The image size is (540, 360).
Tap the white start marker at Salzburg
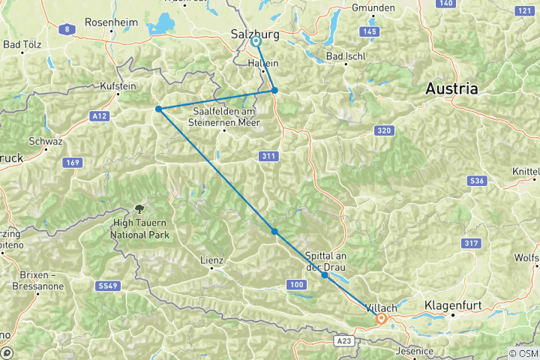point(256,41)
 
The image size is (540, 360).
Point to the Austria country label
point(451,88)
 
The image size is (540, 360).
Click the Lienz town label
point(212,261)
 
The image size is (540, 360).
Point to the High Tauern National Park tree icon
point(139,208)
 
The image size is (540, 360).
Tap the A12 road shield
point(98,115)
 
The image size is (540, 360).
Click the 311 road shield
point(270,156)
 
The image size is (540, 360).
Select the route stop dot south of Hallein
point(274,91)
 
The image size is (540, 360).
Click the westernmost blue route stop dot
point(159,109)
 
